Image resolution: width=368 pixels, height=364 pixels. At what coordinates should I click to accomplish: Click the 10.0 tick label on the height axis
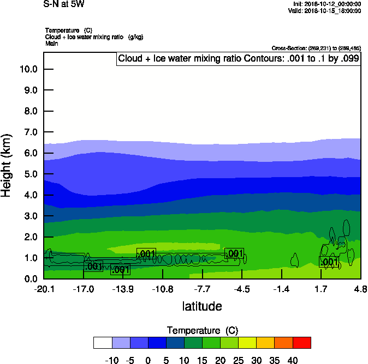pyautogui.click(x=28, y=69)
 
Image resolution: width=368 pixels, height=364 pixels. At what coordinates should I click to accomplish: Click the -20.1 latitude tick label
pyautogui.click(x=44, y=288)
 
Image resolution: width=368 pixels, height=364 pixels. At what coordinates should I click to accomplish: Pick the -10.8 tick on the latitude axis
pyautogui.click(x=163, y=288)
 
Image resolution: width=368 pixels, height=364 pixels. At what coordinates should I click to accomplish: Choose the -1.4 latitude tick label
pyautogui.click(x=281, y=288)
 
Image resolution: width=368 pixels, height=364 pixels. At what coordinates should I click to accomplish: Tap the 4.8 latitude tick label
pyautogui.click(x=360, y=288)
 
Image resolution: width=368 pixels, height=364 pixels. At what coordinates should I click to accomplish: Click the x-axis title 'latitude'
pyautogui.click(x=202, y=306)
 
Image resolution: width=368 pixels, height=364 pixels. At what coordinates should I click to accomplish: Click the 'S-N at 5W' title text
pyautogui.click(x=64, y=4)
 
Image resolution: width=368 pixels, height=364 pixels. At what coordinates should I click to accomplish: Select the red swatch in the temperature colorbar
pyautogui.click(x=302, y=343)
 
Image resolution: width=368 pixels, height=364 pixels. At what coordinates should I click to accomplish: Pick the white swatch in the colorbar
pyautogui.click(x=103, y=343)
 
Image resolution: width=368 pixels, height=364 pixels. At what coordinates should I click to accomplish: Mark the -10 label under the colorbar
pyautogui.click(x=112, y=360)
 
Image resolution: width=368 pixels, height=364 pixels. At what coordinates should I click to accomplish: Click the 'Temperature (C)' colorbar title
pyautogui.click(x=202, y=331)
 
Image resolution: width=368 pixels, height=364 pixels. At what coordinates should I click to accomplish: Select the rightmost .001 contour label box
pyautogui.click(x=329, y=262)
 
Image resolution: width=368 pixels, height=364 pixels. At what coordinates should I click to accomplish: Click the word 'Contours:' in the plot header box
pyautogui.click(x=264, y=59)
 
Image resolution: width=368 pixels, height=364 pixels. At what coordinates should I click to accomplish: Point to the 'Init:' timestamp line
pyautogui.click(x=327, y=4)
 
